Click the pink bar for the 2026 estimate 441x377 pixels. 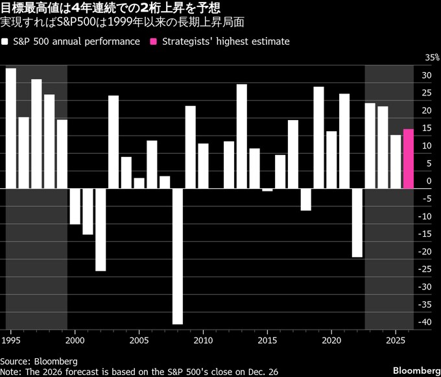[x=409, y=159]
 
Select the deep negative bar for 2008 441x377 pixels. [x=177, y=256]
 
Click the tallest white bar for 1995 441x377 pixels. [x=10, y=128]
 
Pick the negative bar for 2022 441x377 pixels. [x=357, y=223]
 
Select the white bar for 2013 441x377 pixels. [x=241, y=136]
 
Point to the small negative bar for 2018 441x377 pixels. [x=305, y=199]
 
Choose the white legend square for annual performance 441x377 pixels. [x=5, y=42]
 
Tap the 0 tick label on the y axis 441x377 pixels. [x=429, y=181]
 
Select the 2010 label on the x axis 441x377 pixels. [x=203, y=340]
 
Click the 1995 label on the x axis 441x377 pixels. [x=10, y=340]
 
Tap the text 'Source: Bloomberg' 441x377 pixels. [x=39, y=360]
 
